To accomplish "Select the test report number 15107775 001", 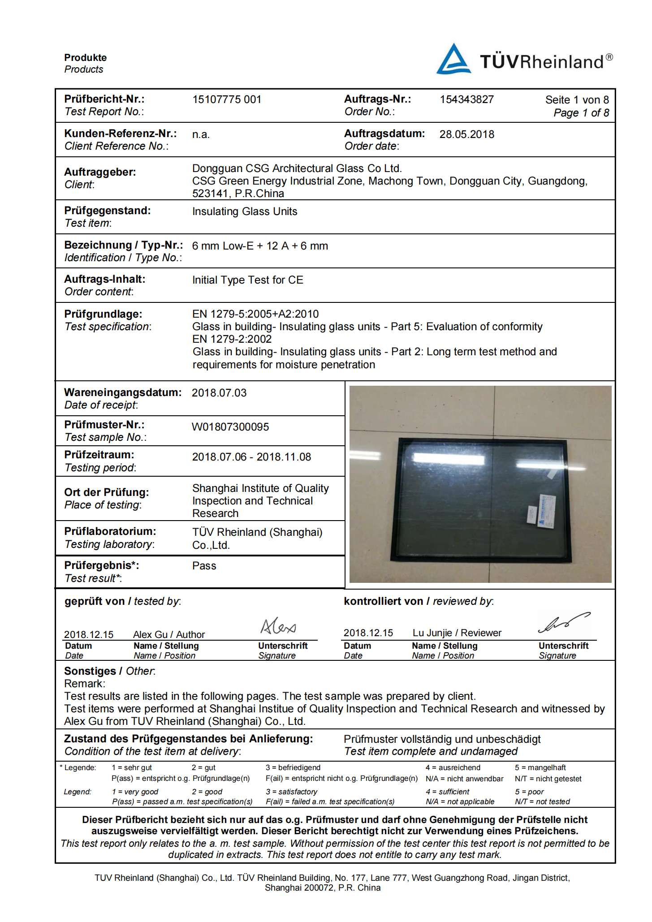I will pyautogui.click(x=227, y=99).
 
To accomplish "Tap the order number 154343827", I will pyautogui.click(x=466, y=99).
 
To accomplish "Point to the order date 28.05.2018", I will pyautogui.click(x=466, y=134).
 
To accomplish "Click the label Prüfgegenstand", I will pyautogui.click(x=107, y=211).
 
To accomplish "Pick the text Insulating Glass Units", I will pyautogui.click(x=245, y=211).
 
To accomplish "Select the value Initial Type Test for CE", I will pyautogui.click(x=247, y=280).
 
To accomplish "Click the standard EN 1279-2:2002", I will pyautogui.click(x=232, y=339).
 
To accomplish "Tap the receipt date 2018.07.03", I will pyautogui.click(x=219, y=393).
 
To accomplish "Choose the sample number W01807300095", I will pyautogui.click(x=230, y=427).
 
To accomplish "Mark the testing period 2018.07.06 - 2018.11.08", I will pyautogui.click(x=251, y=457).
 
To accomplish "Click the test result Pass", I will pyautogui.click(x=204, y=566).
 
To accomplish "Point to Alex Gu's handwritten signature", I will pyautogui.click(x=278, y=626).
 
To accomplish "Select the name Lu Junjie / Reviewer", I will pyautogui.click(x=457, y=633).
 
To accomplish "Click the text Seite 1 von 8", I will pyautogui.click(x=577, y=100).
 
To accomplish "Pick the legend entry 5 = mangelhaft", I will pyautogui.click(x=540, y=768).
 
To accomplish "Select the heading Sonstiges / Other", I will pyautogui.click(x=110, y=671).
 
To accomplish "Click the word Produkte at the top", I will pyautogui.click(x=85, y=58).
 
